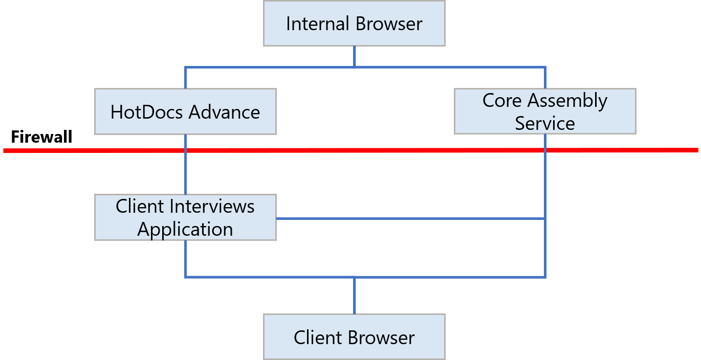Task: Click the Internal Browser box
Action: pos(354,24)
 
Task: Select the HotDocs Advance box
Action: pos(185,111)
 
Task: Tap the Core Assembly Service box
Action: pos(545,111)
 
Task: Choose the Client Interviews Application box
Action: pos(185,217)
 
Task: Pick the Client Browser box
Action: pos(354,337)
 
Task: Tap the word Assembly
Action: pos(567,101)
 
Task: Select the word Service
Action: pos(545,123)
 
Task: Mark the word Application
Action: pos(185,229)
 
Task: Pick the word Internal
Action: pos(317,24)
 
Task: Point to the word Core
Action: pos(502,101)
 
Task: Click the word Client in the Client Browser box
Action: pos(317,337)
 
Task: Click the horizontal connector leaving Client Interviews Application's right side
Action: pos(409,219)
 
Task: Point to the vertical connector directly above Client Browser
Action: pos(354,296)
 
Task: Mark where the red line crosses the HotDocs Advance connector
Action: pos(185,150)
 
